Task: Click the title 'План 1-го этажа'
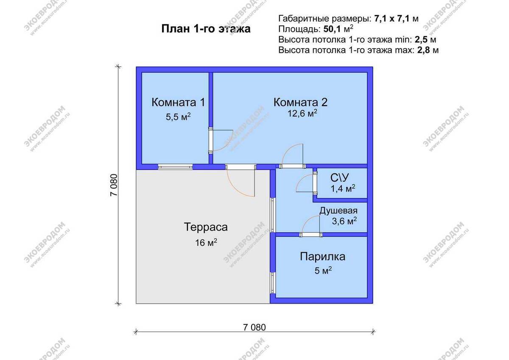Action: click(x=205, y=29)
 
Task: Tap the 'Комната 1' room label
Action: click(x=178, y=102)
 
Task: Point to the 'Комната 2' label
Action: click(x=300, y=102)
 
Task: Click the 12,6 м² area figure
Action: click(x=301, y=114)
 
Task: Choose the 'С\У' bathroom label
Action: click(x=339, y=177)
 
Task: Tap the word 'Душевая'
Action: click(x=338, y=211)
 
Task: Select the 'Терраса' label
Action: click(x=206, y=227)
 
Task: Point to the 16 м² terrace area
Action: click(x=206, y=243)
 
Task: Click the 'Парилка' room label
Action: click(x=322, y=257)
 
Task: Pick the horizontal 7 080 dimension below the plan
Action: click(x=255, y=327)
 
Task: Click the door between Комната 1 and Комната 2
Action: click(x=211, y=140)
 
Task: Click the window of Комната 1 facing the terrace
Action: click(x=175, y=167)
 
